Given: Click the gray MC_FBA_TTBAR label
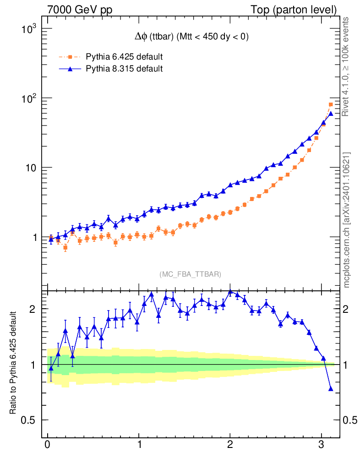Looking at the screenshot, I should coord(190,274).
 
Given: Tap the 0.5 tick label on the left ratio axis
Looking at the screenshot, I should coord(30,420).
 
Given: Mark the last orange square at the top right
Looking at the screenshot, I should coord(331,104).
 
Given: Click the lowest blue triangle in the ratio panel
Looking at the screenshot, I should coord(331,389).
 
